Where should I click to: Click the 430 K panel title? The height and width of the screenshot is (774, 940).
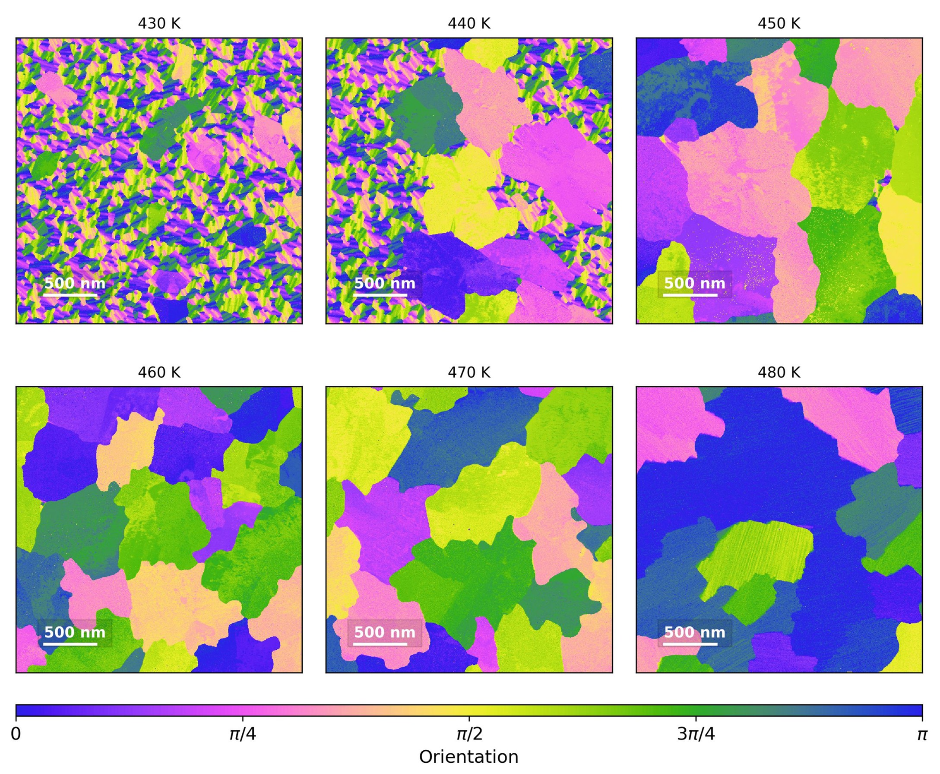click(159, 24)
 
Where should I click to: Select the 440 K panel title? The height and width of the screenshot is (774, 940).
click(469, 24)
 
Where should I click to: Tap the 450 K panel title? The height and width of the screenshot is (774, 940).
click(779, 24)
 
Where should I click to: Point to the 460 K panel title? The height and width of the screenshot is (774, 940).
click(159, 372)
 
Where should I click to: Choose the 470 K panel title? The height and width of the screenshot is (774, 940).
click(469, 372)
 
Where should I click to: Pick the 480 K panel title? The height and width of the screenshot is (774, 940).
click(779, 372)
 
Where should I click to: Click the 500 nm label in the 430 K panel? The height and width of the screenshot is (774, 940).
click(74, 283)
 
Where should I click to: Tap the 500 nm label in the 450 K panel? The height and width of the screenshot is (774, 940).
click(695, 283)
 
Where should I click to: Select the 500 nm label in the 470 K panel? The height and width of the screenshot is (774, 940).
click(384, 632)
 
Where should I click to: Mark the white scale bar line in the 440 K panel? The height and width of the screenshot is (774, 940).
click(380, 295)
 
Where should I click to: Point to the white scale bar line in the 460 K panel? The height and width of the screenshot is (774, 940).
click(70, 644)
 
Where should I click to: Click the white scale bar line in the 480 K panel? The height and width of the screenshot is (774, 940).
click(690, 644)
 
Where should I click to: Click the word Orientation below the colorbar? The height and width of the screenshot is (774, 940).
click(468, 757)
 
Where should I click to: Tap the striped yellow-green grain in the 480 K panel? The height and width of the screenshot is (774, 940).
click(758, 551)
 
